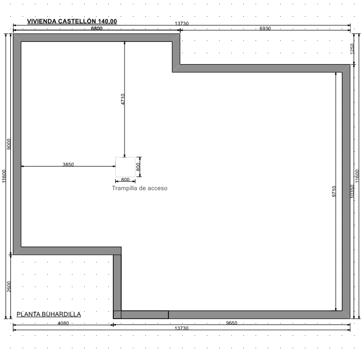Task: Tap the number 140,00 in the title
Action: [x=107, y=21]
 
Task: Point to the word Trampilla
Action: [x=125, y=188]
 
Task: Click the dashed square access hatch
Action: [x=126, y=167]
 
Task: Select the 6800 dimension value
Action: [x=97, y=29]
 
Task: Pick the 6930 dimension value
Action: [x=265, y=29]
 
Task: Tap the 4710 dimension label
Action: [x=123, y=99]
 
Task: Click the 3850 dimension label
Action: [x=68, y=164]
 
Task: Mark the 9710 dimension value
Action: [x=334, y=191]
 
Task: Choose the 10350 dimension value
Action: [x=352, y=191]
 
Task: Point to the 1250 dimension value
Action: [x=352, y=49]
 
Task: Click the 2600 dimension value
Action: [x=9, y=287]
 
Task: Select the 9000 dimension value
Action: [x=9, y=144]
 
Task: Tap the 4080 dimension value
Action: [x=63, y=323]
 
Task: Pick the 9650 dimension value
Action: [x=231, y=323]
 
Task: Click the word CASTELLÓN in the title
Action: [x=77, y=21]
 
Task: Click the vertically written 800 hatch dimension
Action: [x=138, y=167]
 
